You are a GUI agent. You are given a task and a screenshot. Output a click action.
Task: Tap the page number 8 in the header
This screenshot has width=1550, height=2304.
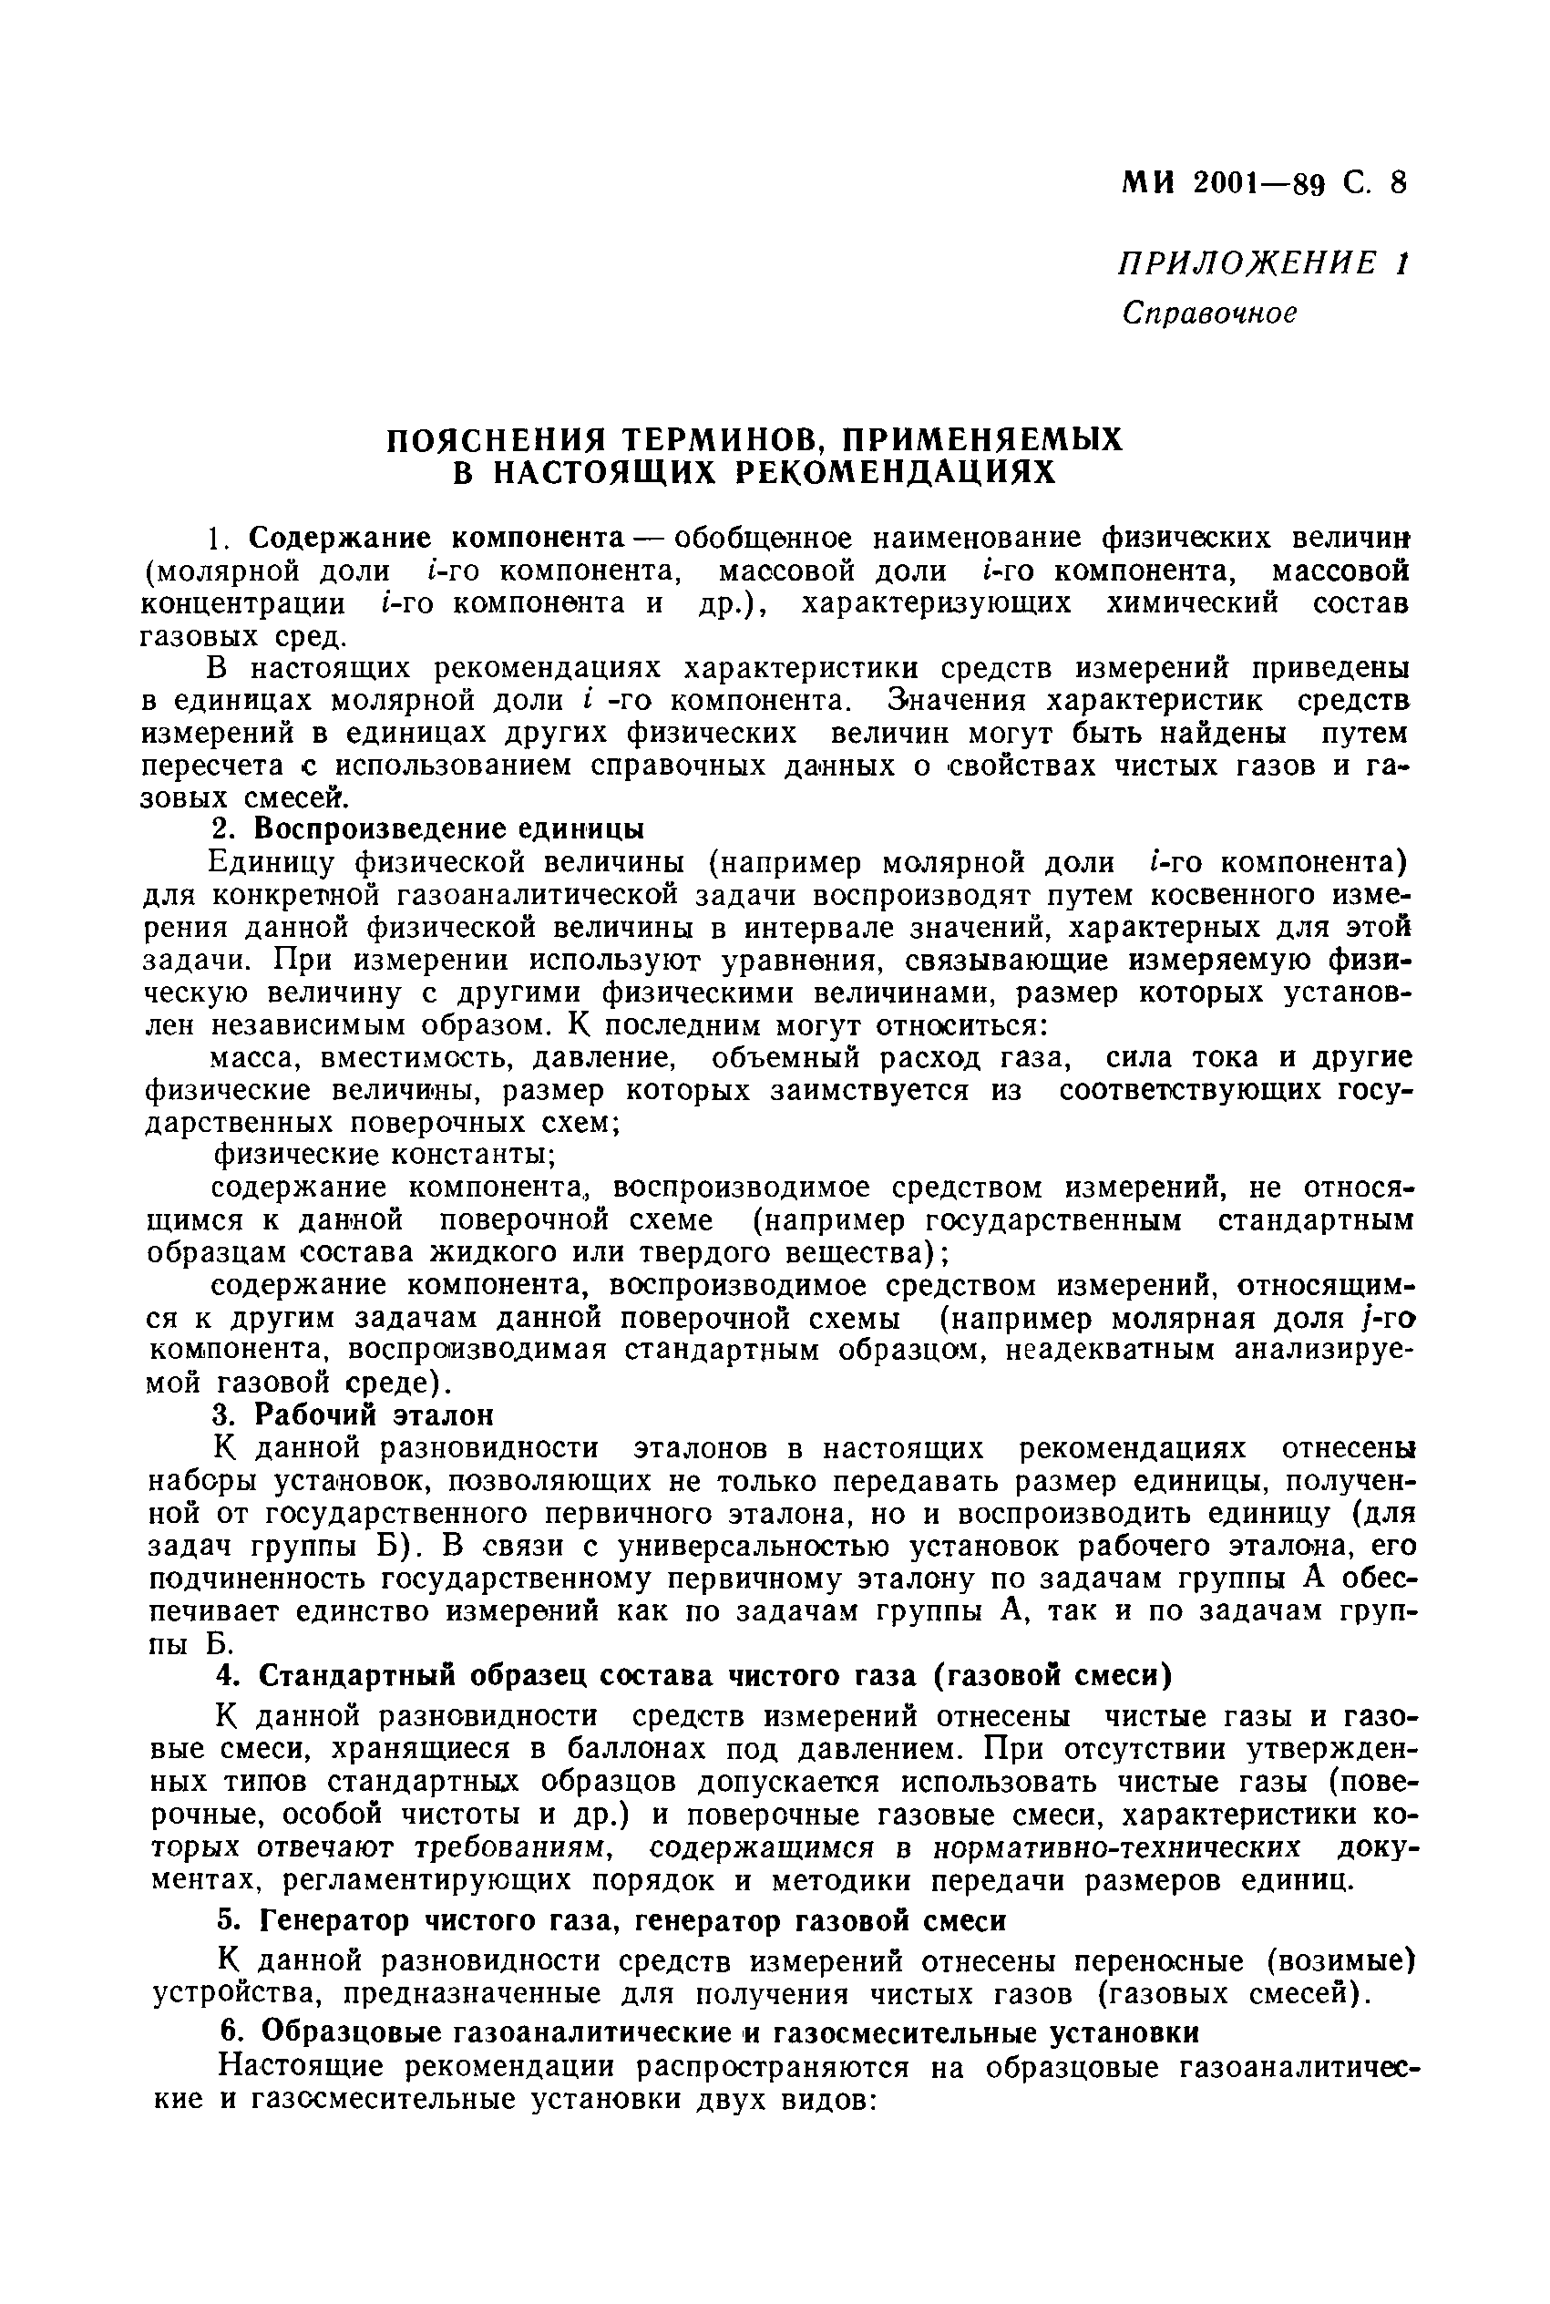pyautogui.click(x=1397, y=184)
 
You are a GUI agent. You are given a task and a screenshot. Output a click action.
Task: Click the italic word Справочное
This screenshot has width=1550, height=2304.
pyautogui.click(x=1209, y=314)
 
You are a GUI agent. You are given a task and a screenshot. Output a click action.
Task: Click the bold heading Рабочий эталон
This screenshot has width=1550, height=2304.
pyautogui.click(x=374, y=1414)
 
